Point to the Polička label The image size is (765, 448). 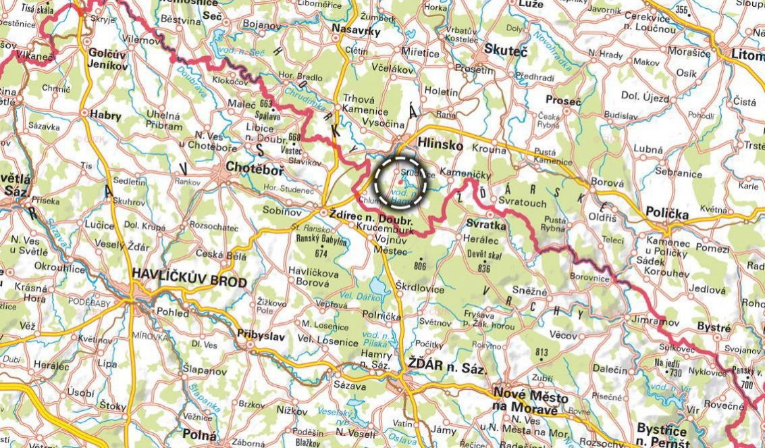pos(666,214)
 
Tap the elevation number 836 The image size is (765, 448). pos(483,268)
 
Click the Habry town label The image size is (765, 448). pos(105,116)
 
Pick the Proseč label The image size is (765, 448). pos(563,101)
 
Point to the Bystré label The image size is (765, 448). pos(714,328)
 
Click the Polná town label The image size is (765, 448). pos(200,434)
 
